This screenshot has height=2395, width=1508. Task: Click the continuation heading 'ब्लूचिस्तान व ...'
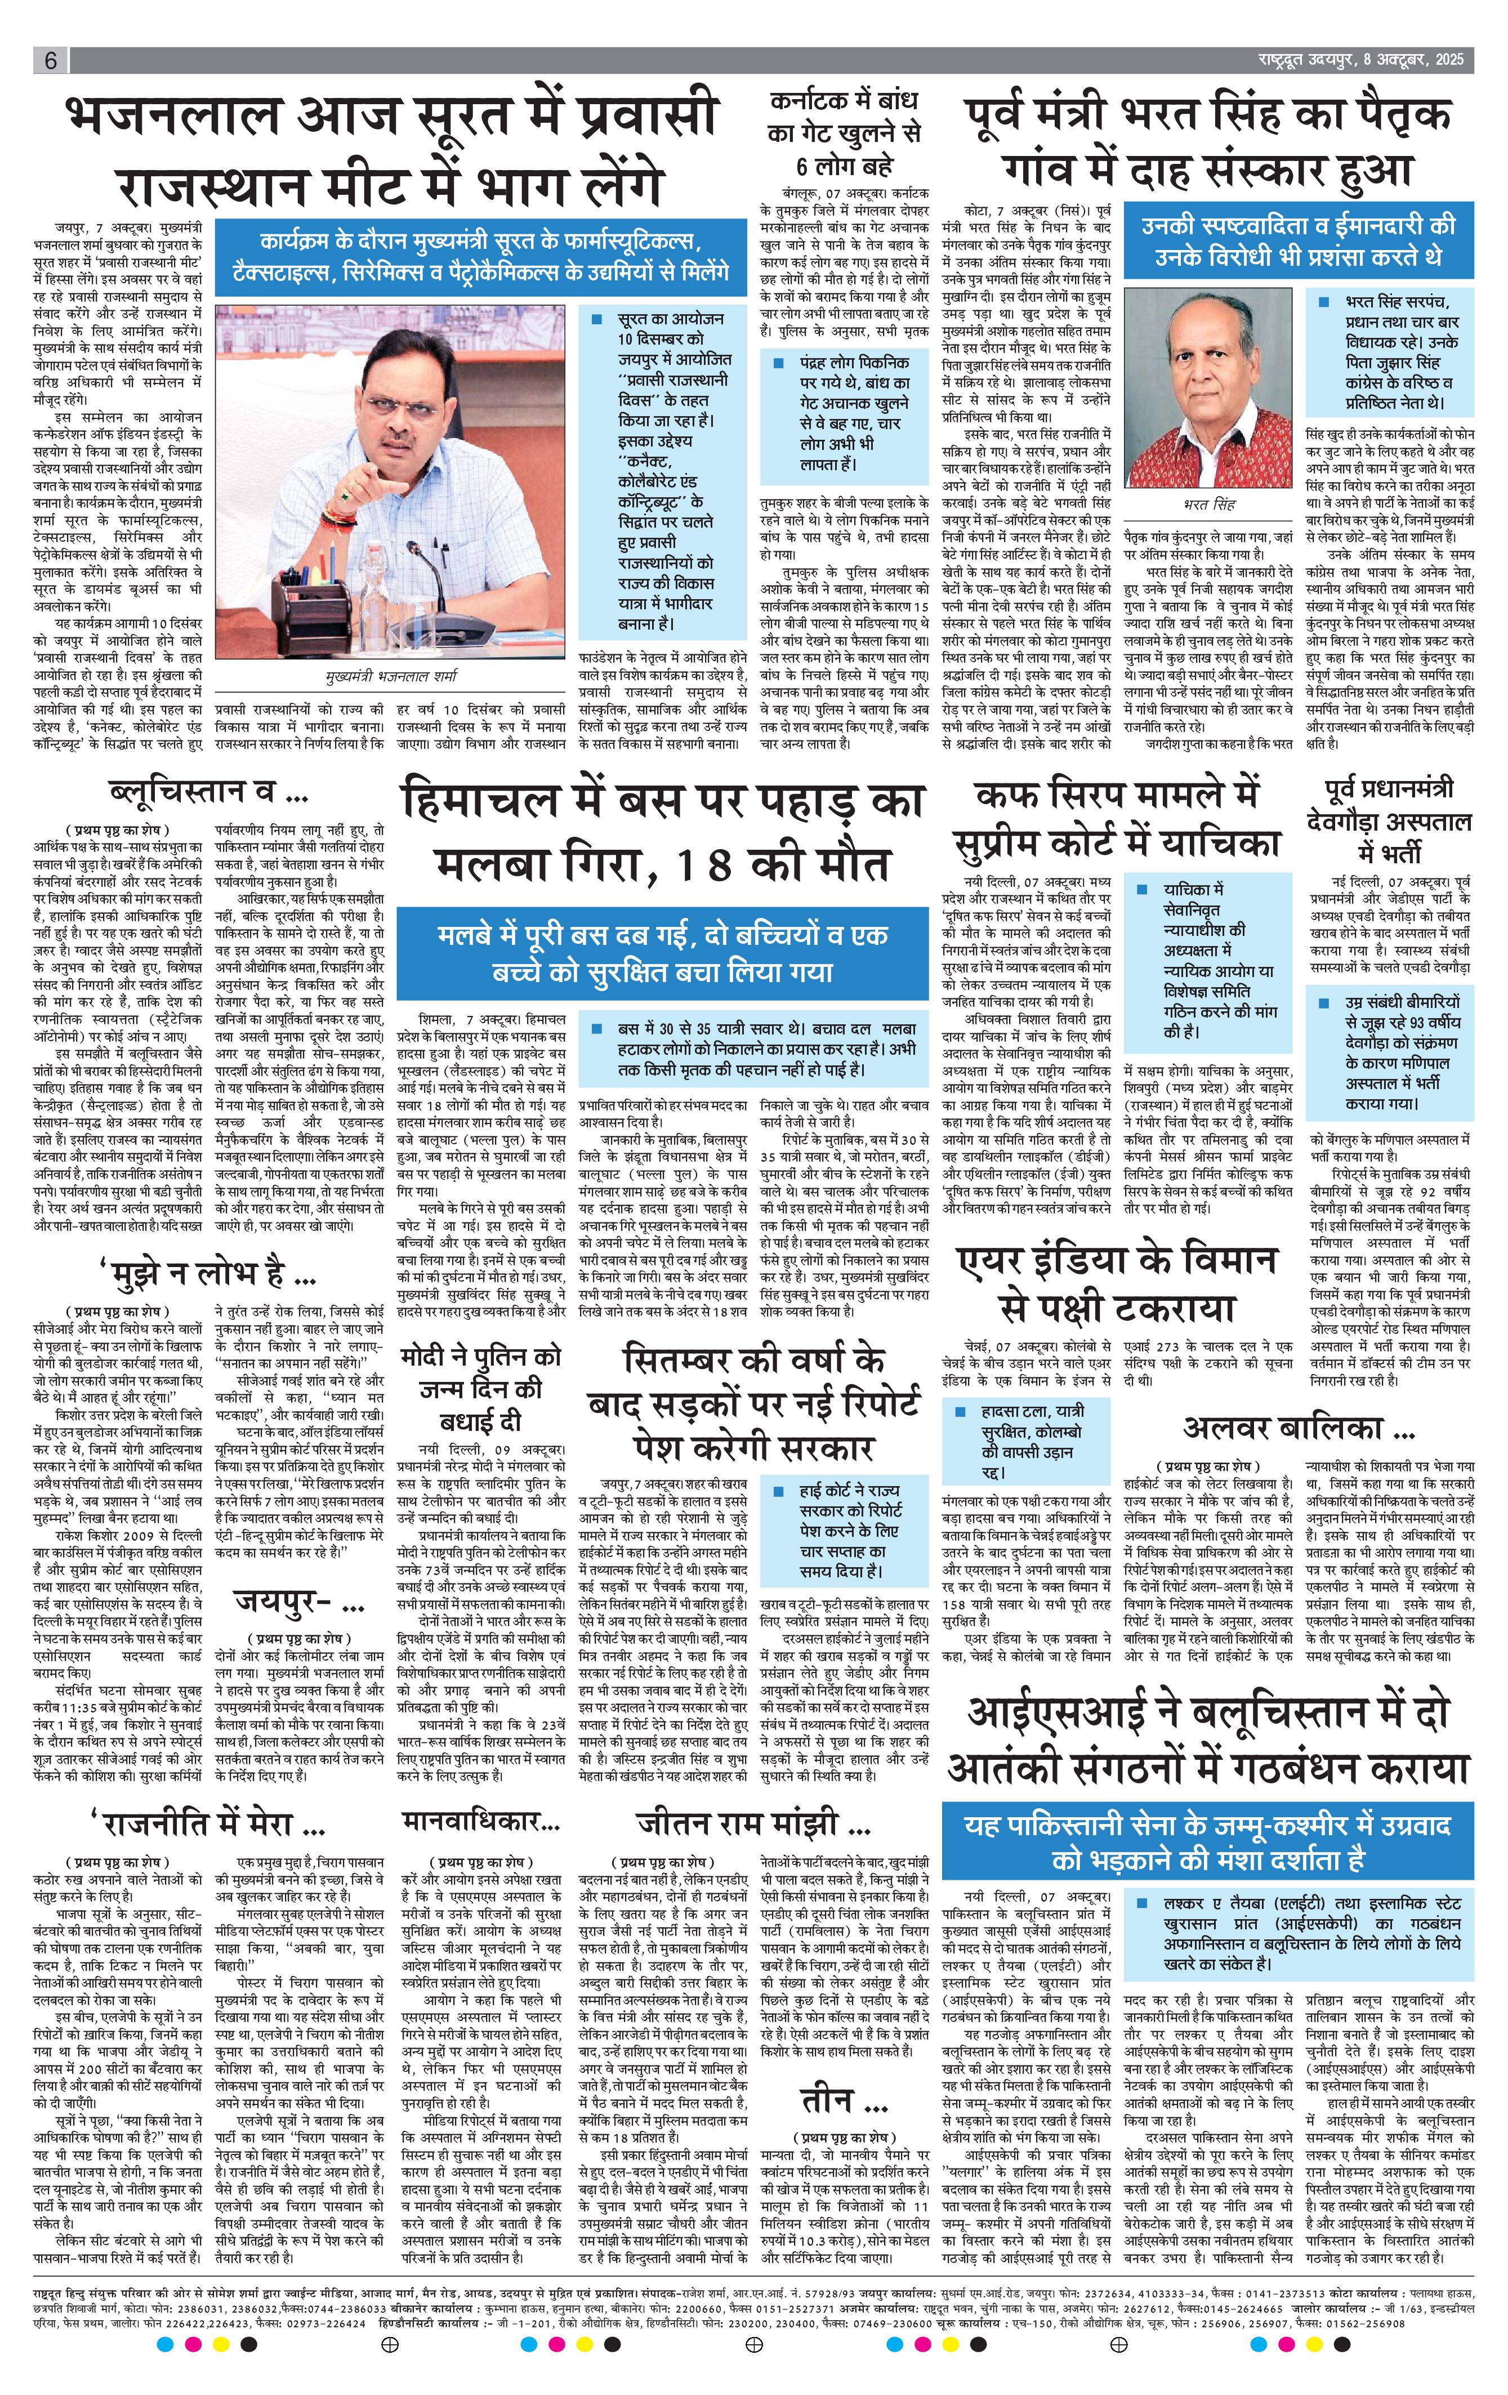click(x=207, y=793)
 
